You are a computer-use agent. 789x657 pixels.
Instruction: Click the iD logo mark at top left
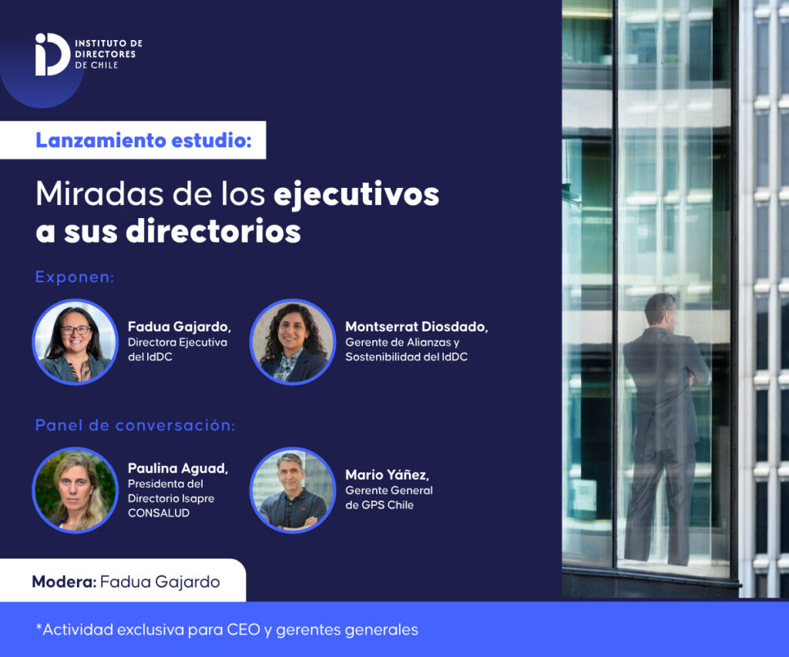tap(52, 55)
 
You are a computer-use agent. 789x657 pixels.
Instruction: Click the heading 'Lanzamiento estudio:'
tap(143, 140)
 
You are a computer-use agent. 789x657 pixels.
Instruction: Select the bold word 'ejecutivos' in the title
tap(356, 195)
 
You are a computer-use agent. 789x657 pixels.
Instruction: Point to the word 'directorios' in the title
tap(213, 231)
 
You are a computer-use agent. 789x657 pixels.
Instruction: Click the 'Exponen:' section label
tap(75, 277)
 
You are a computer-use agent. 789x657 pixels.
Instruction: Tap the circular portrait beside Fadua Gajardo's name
tap(76, 342)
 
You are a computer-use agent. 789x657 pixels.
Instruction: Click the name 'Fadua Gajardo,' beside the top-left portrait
tap(179, 327)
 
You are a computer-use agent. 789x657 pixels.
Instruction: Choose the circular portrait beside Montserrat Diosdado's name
tap(293, 342)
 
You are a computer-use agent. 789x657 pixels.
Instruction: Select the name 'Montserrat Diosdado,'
tap(417, 327)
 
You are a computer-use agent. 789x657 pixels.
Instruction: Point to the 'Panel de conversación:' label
tap(135, 426)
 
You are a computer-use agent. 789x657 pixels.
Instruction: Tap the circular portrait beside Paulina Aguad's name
tap(76, 490)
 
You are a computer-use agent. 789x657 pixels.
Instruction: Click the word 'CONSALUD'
tap(159, 513)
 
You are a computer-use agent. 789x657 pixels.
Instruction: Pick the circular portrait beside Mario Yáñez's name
tap(293, 490)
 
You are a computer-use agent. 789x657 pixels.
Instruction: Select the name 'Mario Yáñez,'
tap(387, 475)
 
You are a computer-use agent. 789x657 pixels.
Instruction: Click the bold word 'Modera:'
tap(64, 582)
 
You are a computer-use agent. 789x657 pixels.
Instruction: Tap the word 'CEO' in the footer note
tap(243, 630)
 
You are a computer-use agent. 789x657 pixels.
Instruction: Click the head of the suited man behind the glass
tap(660, 310)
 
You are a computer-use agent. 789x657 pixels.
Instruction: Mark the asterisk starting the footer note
tap(39, 626)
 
